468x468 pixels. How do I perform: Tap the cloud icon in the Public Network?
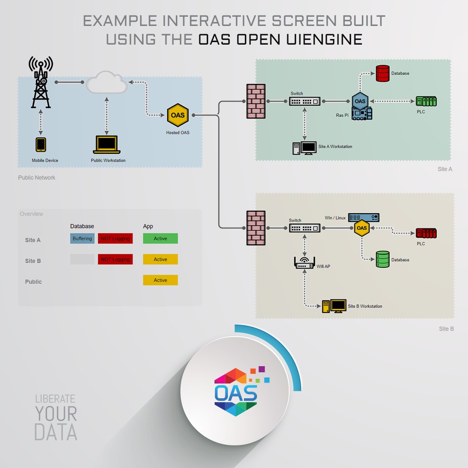tap(107, 83)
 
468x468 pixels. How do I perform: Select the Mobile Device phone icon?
tap(41, 145)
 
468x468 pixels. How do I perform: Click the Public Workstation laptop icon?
tap(106, 145)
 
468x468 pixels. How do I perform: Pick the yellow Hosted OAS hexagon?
tap(178, 115)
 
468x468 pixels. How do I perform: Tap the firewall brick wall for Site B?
tap(256, 228)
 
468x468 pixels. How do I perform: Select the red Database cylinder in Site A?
tap(383, 74)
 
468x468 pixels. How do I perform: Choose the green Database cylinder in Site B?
tap(383, 259)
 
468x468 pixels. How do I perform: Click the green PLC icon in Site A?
tap(426, 101)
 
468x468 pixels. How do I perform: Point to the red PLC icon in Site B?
tap(426, 233)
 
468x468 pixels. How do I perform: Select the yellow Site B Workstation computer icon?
tap(334, 306)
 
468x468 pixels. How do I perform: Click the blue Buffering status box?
tap(82, 238)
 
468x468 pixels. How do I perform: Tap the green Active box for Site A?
tap(160, 238)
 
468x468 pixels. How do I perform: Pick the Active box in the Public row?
tap(160, 280)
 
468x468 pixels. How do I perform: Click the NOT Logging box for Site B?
tap(115, 259)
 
